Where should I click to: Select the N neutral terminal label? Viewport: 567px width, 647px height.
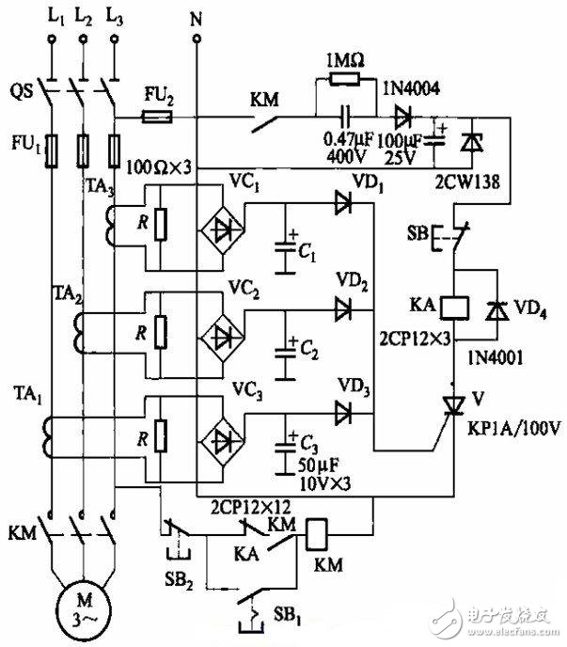(197, 16)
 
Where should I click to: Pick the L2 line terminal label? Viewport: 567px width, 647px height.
(83, 16)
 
